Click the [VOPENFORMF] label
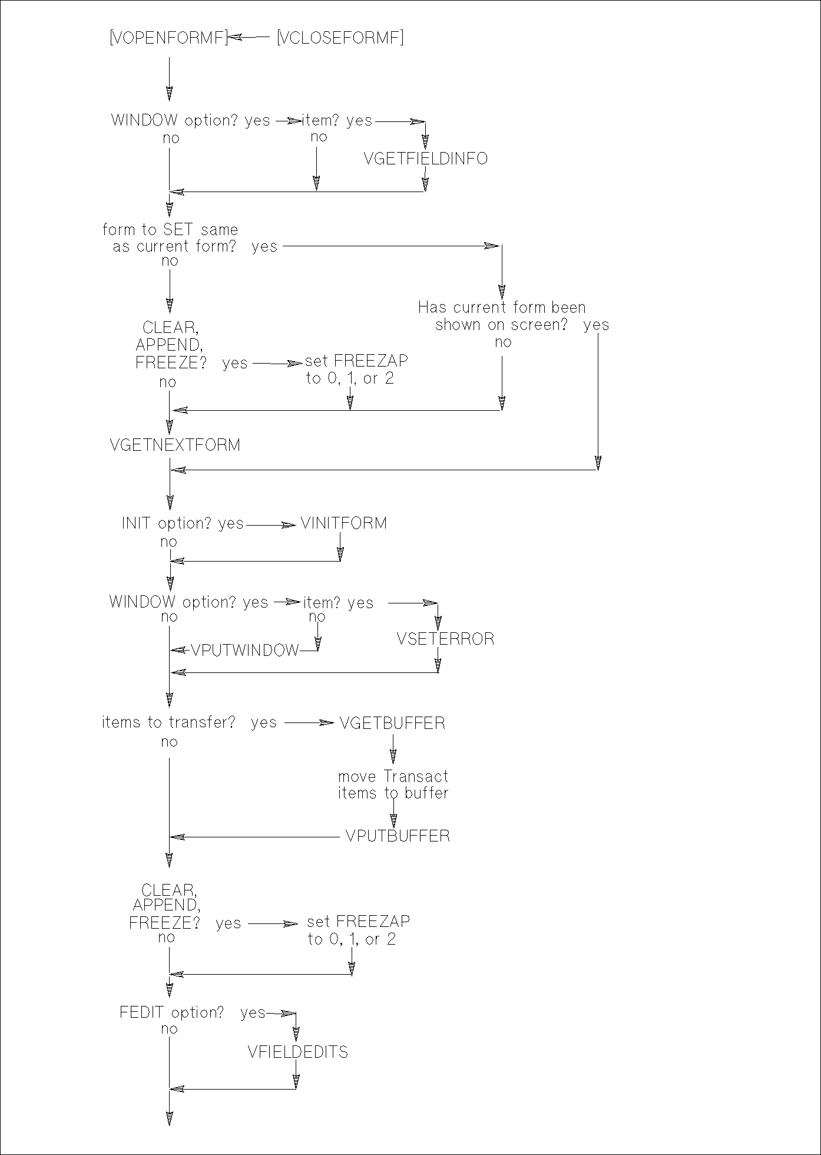point(168,38)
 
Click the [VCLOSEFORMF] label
point(340,38)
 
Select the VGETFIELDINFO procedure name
point(426,159)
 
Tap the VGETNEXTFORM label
point(175,445)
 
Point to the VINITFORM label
point(344,523)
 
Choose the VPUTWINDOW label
point(245,650)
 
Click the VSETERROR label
point(445,639)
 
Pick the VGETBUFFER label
point(392,723)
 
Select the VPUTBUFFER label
point(398,836)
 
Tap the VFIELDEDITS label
point(298,1052)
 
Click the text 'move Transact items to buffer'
point(393,785)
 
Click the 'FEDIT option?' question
point(171,1012)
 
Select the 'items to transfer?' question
point(168,722)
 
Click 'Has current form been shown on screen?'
point(502,316)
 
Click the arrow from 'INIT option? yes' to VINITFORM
point(271,524)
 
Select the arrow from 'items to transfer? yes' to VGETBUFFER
point(309,723)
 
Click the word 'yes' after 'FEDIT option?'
point(253,1013)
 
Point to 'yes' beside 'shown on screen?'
point(596,325)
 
